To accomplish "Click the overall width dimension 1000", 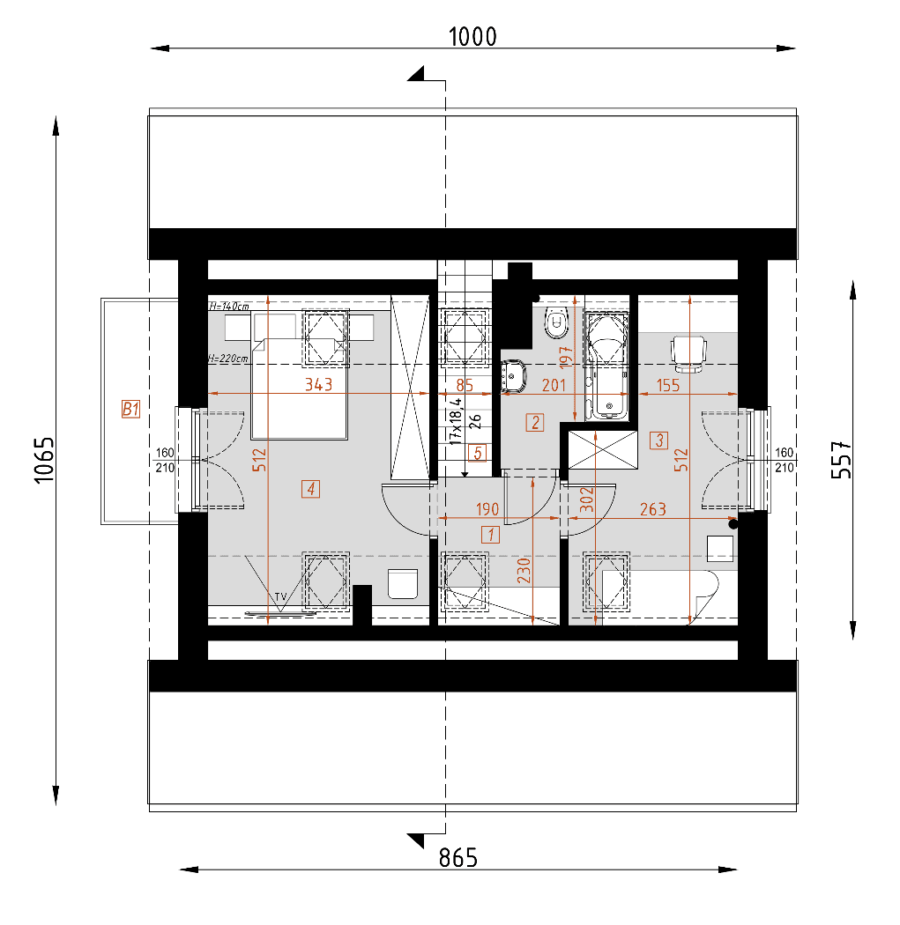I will (x=472, y=36).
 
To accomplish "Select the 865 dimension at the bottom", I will (x=457, y=857).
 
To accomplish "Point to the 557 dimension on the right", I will (x=843, y=459).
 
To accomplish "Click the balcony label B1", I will (x=131, y=409).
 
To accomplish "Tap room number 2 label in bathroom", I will (x=535, y=422).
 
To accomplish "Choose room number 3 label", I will (x=658, y=440).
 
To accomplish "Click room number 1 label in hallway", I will (x=489, y=533).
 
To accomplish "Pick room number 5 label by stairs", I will (x=477, y=454).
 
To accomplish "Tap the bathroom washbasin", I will (x=514, y=376).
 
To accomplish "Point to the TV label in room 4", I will (x=280, y=597).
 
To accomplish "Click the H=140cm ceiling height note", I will (x=228, y=307).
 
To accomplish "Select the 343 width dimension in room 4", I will (x=317, y=384).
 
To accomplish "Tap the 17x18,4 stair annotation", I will (x=455, y=419).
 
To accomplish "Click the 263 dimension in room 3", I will (x=652, y=508).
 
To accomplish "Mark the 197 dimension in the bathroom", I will (x=567, y=354).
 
